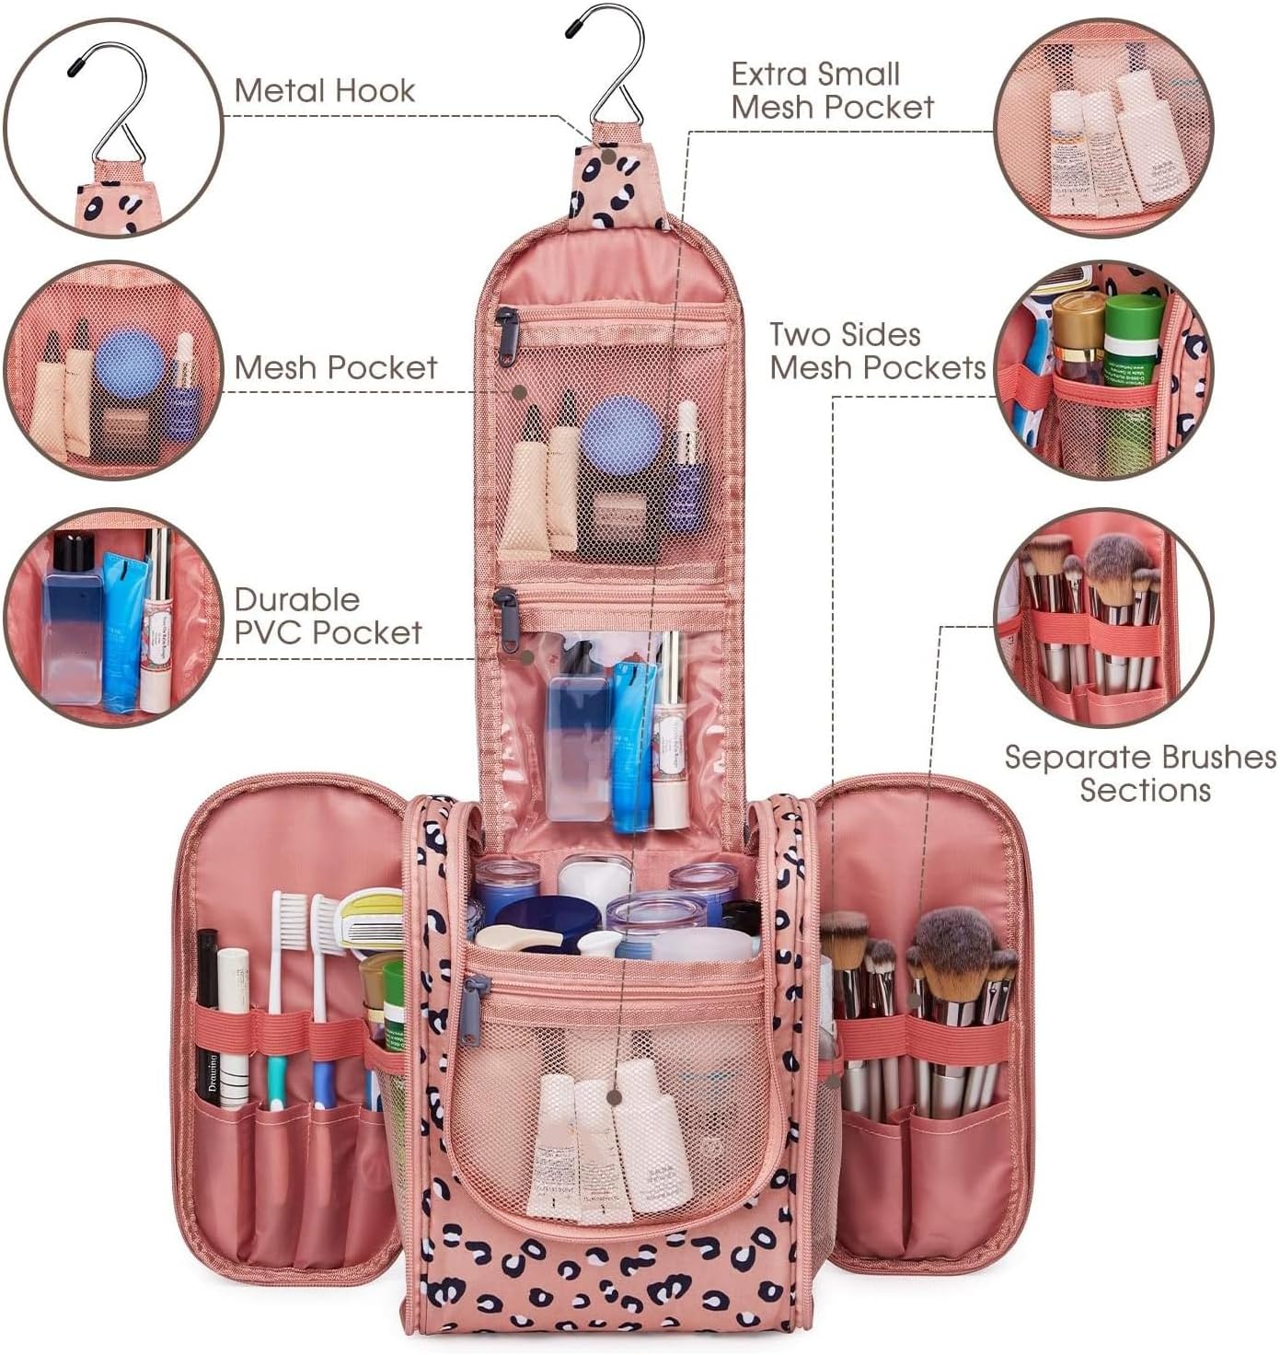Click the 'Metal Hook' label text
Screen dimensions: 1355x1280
(x=324, y=90)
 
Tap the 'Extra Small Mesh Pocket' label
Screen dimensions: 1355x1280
(x=831, y=90)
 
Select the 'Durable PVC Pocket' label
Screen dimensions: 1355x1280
(x=328, y=616)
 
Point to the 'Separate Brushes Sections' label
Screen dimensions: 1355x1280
(x=1140, y=773)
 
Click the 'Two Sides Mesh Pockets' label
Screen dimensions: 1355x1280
(x=877, y=351)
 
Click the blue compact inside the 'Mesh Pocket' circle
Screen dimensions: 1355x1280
(x=130, y=365)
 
